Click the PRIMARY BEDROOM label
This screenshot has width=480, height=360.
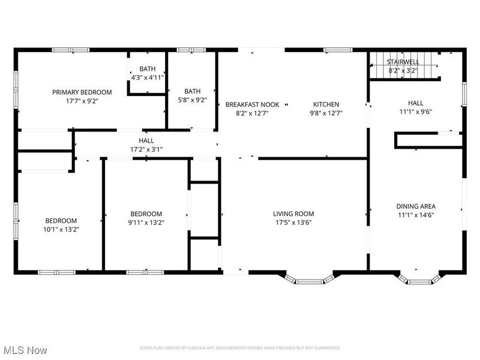point(82,92)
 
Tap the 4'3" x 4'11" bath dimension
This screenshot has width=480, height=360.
point(148,77)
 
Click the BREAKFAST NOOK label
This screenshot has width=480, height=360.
point(247,104)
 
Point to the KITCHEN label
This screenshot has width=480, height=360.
point(326,104)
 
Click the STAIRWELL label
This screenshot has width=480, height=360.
point(403,62)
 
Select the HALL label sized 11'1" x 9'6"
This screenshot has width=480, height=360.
point(416,103)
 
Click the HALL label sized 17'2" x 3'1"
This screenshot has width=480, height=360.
point(146,140)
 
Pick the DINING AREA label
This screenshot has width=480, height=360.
point(416,206)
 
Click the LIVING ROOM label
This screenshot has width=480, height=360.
point(293,214)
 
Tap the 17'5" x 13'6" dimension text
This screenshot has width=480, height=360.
point(293,222)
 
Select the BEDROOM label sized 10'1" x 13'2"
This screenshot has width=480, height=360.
point(61,220)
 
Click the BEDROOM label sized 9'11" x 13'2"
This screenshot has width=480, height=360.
point(146,214)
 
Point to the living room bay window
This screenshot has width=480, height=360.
point(308,278)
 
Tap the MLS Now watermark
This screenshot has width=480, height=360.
point(26,349)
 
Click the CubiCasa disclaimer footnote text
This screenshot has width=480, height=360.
point(240,348)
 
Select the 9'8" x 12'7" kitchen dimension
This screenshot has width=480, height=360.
point(326,113)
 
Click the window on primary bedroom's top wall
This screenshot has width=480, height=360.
point(71,50)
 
